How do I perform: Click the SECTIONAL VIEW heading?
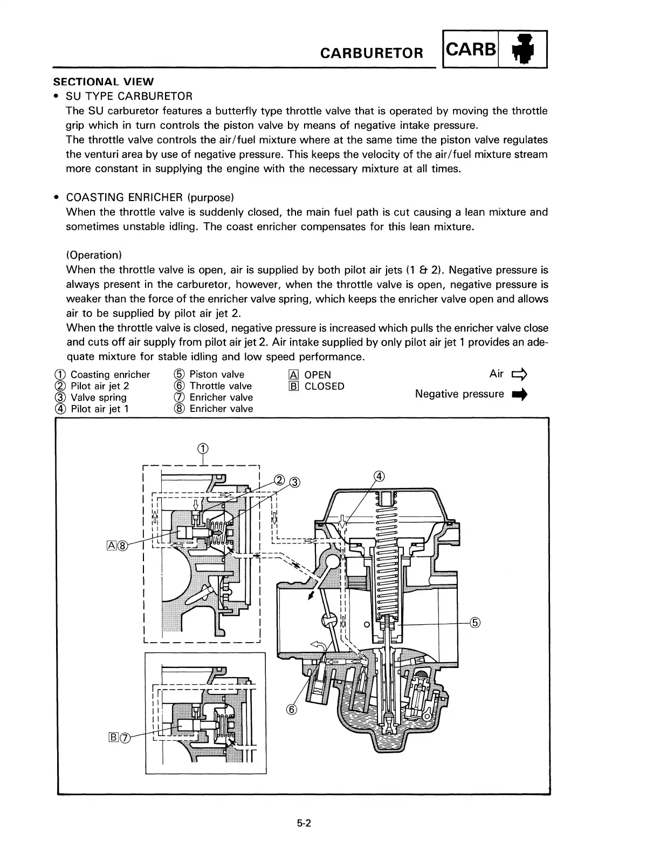[103, 82]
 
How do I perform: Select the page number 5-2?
[304, 823]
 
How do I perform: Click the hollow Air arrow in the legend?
[520, 374]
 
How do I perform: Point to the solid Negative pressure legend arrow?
[520, 395]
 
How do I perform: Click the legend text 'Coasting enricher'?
[110, 375]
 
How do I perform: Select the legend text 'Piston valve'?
[217, 375]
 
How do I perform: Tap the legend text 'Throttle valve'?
[221, 386]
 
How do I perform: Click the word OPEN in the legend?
[318, 375]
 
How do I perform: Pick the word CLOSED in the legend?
[324, 387]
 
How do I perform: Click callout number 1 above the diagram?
[203, 449]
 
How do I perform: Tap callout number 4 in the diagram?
[380, 476]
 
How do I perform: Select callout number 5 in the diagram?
[475, 623]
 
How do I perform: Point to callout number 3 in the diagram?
[294, 482]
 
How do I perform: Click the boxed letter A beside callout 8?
[112, 546]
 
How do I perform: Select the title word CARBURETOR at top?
[372, 53]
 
